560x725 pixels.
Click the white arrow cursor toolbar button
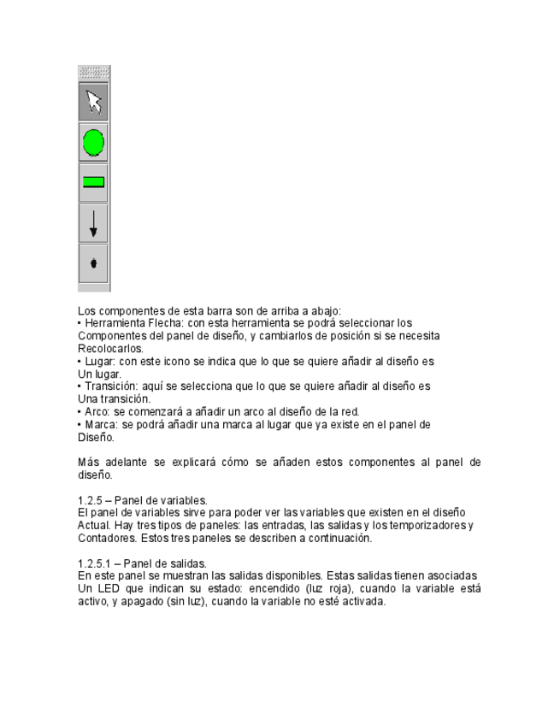[94, 102]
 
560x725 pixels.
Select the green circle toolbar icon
[94, 142]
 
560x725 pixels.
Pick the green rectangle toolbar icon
[94, 181]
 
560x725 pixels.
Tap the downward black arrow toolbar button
[94, 222]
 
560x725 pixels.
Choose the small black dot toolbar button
[94, 262]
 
